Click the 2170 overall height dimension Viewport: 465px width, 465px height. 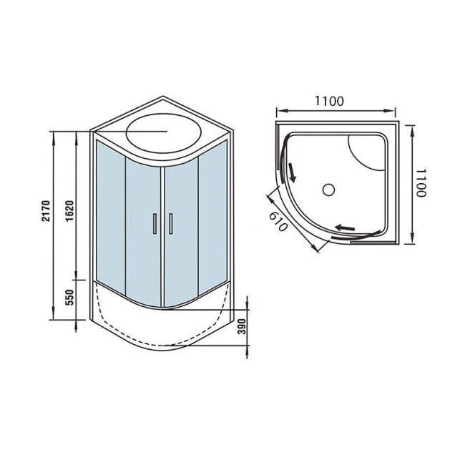[x=45, y=214]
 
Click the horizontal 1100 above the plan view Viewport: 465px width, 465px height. [x=328, y=101]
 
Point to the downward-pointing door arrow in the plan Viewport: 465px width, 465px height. [x=292, y=171]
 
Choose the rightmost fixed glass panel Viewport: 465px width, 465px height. [x=213, y=215]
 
